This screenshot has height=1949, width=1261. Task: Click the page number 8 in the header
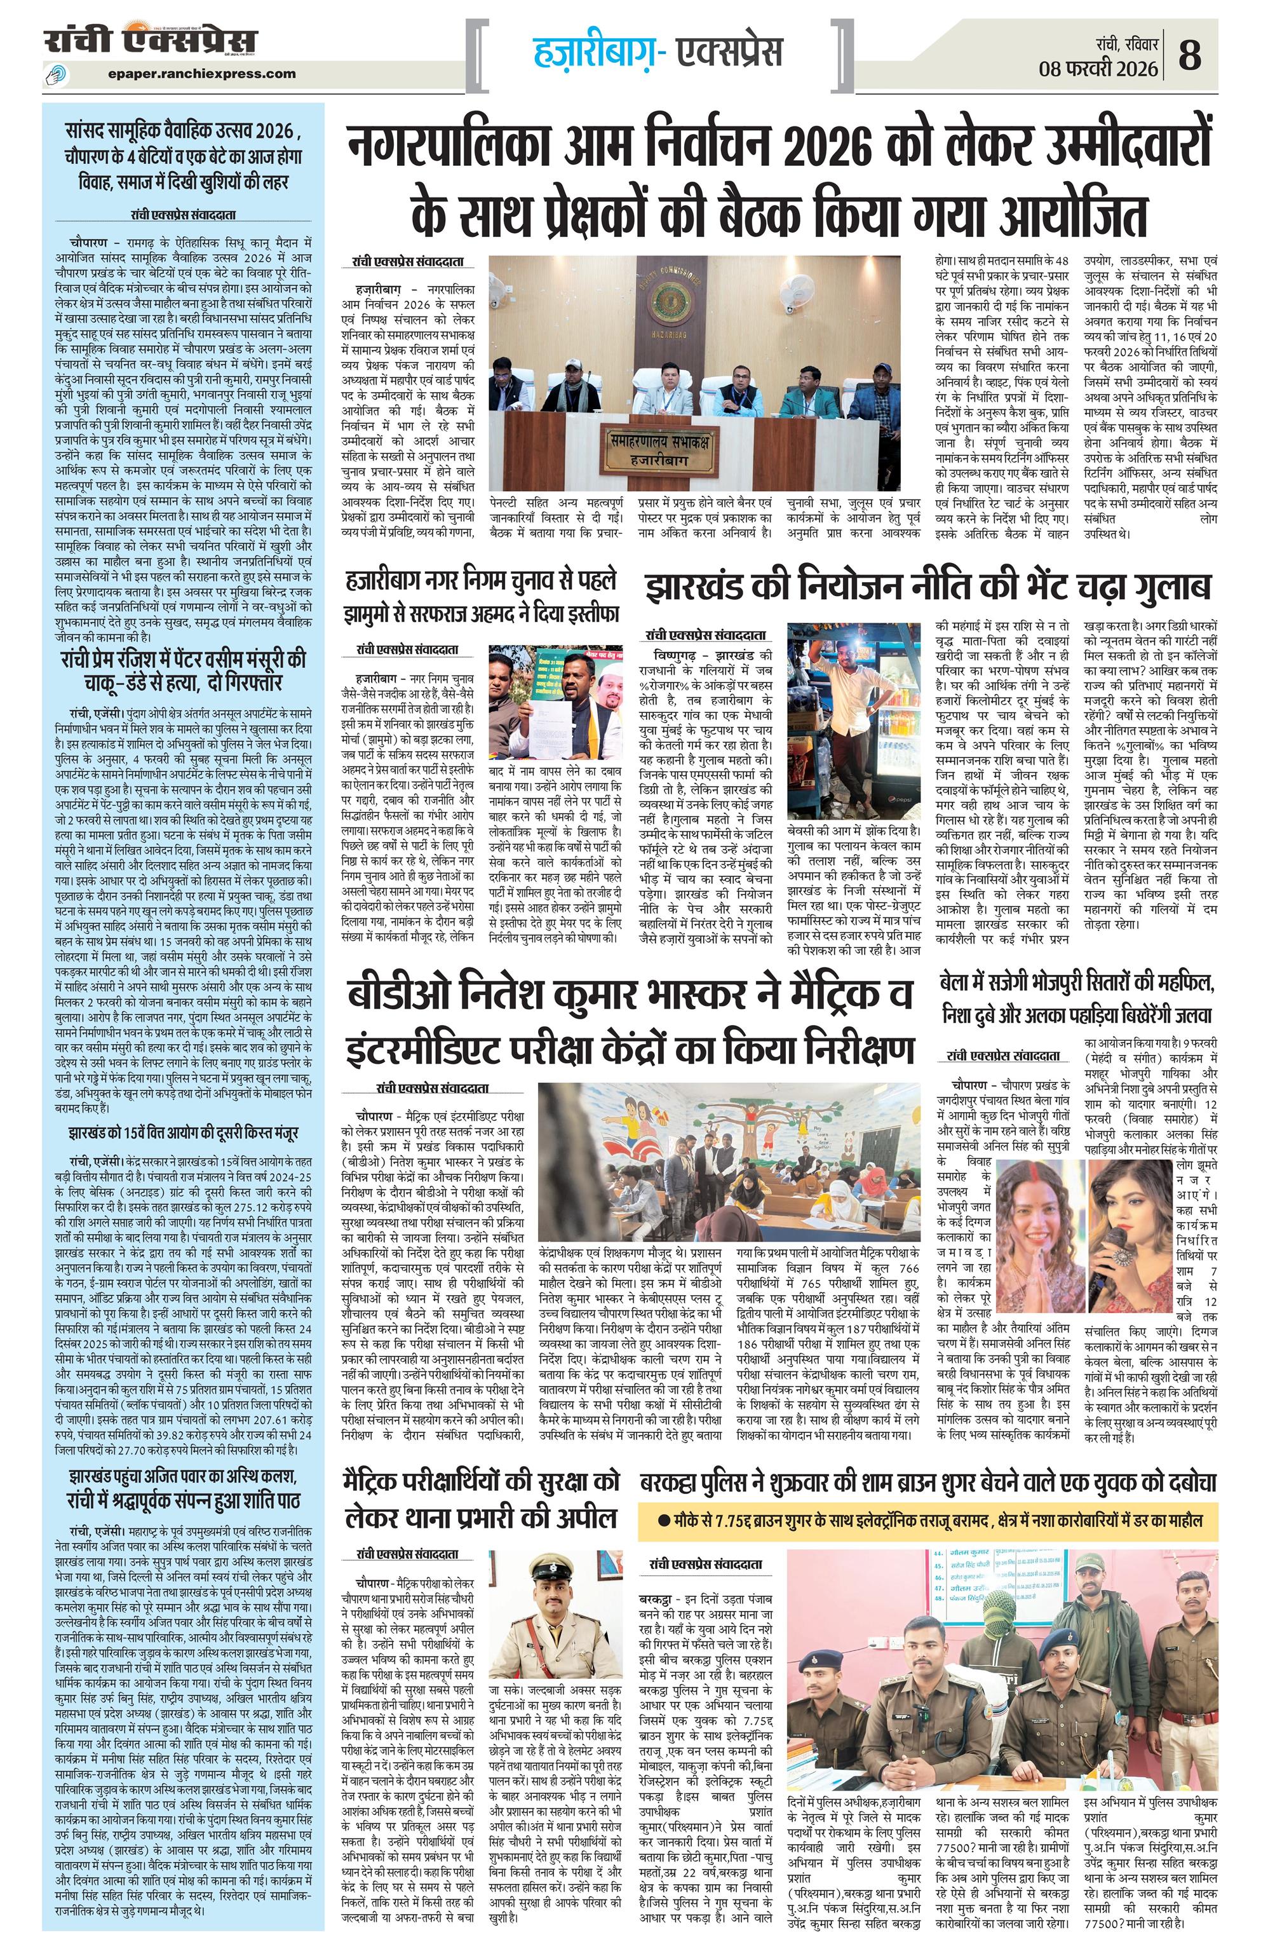(x=1190, y=57)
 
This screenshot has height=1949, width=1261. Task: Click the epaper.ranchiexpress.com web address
(x=201, y=74)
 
